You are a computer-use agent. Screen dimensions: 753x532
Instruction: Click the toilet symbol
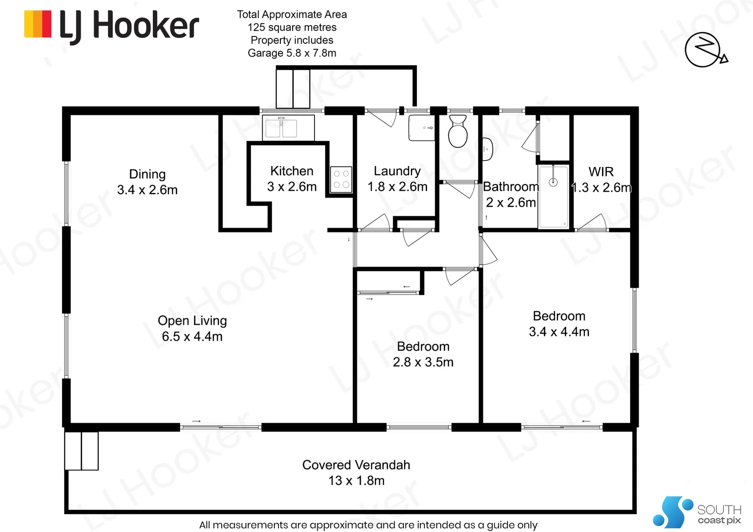click(x=458, y=131)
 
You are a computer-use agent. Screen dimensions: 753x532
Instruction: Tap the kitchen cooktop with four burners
click(x=341, y=179)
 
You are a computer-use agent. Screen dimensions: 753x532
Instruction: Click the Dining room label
click(x=147, y=174)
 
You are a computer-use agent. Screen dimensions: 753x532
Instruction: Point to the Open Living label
click(x=192, y=321)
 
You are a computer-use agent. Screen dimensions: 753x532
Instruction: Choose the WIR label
click(x=601, y=172)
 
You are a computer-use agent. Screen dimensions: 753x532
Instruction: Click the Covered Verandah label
click(x=356, y=465)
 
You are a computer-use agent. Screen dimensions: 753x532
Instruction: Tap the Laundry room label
click(x=397, y=171)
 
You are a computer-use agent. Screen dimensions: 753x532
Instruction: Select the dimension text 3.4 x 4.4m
click(x=559, y=332)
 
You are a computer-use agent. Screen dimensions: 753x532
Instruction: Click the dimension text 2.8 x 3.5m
click(x=423, y=362)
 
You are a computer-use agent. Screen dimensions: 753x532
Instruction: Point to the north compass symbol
click(x=706, y=50)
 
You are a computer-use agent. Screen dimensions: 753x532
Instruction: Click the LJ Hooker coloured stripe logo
click(x=37, y=24)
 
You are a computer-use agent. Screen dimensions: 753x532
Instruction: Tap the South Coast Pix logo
click(x=697, y=511)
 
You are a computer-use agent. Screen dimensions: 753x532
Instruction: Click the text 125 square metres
click(x=292, y=27)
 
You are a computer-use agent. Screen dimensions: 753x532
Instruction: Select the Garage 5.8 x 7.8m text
click(x=292, y=53)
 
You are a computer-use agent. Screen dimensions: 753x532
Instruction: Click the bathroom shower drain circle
click(x=553, y=182)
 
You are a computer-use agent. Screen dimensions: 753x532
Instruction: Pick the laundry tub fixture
click(x=421, y=128)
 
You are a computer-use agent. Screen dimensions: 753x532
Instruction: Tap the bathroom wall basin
click(x=487, y=149)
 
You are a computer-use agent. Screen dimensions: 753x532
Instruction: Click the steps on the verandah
click(x=81, y=451)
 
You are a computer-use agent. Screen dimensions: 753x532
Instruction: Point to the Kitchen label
click(x=292, y=171)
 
